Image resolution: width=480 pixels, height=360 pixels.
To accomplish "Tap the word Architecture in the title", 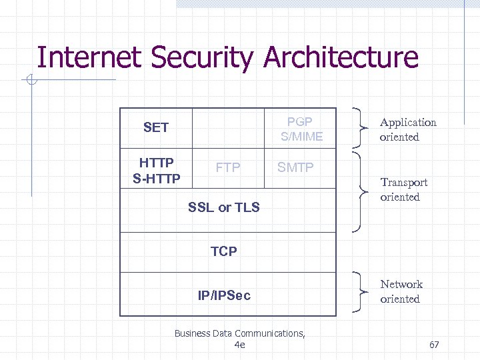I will pos(341,58).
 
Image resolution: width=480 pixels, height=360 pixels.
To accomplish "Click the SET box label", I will pos(156,127).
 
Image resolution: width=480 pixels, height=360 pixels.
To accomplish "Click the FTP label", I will pos(228,167).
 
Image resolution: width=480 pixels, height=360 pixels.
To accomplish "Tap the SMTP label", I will pos(295,167).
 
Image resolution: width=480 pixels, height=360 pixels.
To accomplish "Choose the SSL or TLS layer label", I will pos(224,207).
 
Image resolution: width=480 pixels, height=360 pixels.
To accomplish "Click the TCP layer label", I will pos(224,251).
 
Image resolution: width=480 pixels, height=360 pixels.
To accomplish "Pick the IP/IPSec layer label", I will pos(224,295).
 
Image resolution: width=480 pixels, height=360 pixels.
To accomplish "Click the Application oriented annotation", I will pos(408,129).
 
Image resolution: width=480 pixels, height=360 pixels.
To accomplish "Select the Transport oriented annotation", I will pos(403,189).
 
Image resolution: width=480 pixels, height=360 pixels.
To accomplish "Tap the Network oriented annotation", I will pos(401,291).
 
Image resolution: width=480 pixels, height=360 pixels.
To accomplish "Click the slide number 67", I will pos(434,345).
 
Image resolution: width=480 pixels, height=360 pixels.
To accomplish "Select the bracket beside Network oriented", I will pos(363,292).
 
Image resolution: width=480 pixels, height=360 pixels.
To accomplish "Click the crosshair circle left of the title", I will pos(31,81).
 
